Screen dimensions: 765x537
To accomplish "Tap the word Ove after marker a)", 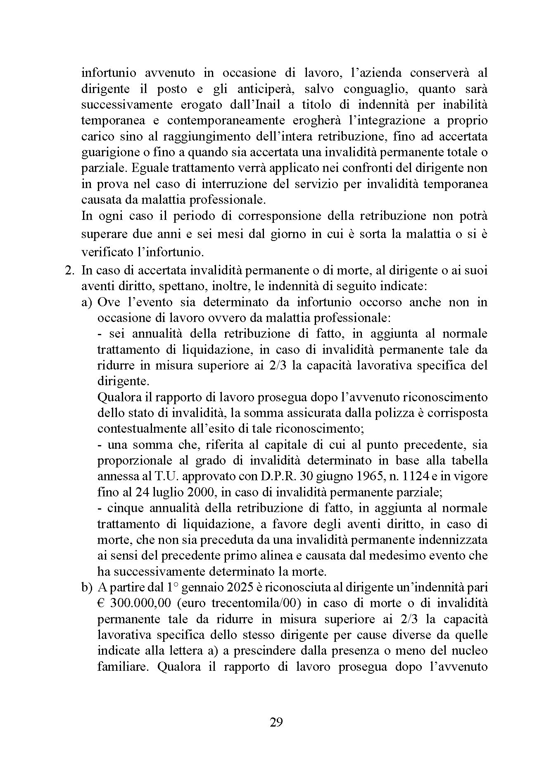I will coord(108,303).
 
